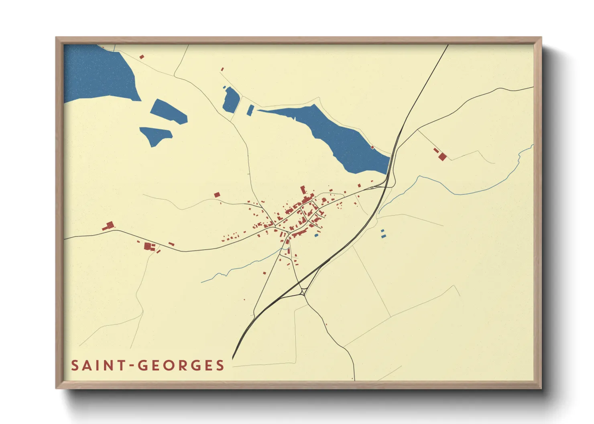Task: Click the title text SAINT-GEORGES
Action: click(x=147, y=365)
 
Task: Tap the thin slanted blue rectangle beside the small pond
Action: click(x=250, y=110)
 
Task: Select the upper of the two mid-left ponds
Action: click(x=169, y=111)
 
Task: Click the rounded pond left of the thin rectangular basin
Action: click(x=231, y=100)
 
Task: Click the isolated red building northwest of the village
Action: click(x=217, y=195)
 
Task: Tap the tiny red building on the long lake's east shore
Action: click(x=372, y=147)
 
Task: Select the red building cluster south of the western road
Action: click(x=148, y=246)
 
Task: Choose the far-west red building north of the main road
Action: click(x=109, y=226)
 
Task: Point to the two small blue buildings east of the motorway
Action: click(x=383, y=234)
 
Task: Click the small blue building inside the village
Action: click(x=316, y=235)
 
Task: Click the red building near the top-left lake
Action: click(x=142, y=57)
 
